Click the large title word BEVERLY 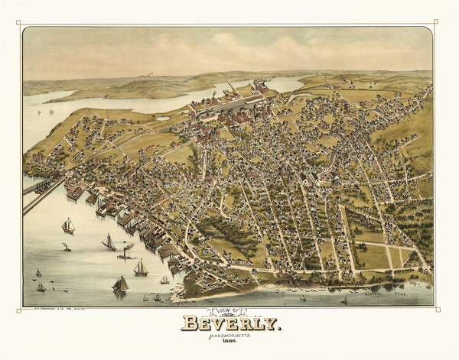(230, 323)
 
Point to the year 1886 (230, 344)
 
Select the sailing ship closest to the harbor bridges (68, 225)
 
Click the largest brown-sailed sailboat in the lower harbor (120, 284)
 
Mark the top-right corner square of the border (436, 21)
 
